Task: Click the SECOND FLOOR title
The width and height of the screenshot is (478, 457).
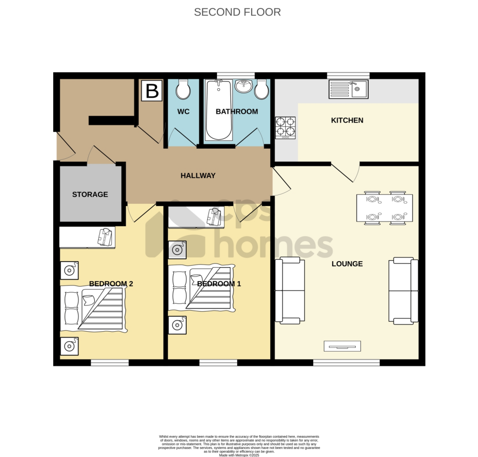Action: pos(237,12)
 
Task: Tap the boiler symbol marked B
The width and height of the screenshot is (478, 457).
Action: pos(152,91)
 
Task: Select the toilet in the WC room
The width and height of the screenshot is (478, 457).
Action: pos(183,89)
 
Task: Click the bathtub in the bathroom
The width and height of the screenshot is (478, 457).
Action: pos(218,110)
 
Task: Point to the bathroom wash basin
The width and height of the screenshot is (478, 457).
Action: pos(244,86)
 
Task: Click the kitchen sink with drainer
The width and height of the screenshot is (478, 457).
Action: pos(348,89)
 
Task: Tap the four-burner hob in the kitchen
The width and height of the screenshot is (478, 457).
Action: pos(285,128)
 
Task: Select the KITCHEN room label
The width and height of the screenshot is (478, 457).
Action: pos(347,120)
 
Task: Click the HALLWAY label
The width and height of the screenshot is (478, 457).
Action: pos(198,176)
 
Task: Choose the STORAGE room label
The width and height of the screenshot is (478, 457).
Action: pos(90,194)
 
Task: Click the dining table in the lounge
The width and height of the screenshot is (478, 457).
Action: pos(385,208)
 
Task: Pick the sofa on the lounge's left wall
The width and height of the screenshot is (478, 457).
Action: pos(290,290)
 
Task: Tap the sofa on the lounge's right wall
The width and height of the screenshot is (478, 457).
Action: pos(403,291)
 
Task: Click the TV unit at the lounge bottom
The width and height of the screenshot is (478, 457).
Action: pos(342,346)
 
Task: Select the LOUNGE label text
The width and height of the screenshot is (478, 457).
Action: pos(347,264)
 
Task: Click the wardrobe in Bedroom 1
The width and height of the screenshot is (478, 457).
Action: pos(197,217)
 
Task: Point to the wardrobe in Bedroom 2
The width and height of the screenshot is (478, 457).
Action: pos(87,237)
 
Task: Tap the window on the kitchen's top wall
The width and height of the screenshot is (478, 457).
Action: pos(348,76)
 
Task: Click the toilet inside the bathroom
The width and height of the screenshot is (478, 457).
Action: pos(261,89)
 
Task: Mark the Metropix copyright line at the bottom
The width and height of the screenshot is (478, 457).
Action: pos(239,455)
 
